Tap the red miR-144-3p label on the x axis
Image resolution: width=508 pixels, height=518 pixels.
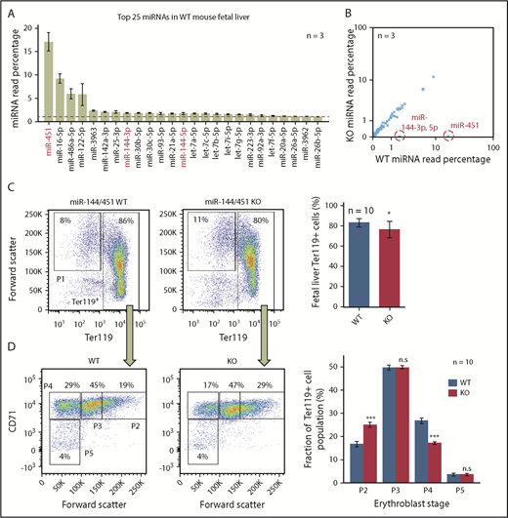point(123,146)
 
